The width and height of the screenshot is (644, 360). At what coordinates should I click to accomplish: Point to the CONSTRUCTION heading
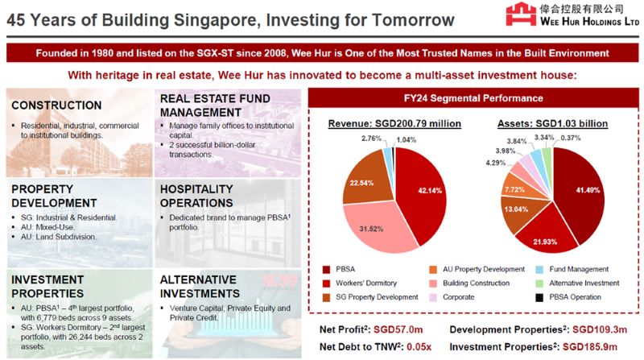point(56,106)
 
